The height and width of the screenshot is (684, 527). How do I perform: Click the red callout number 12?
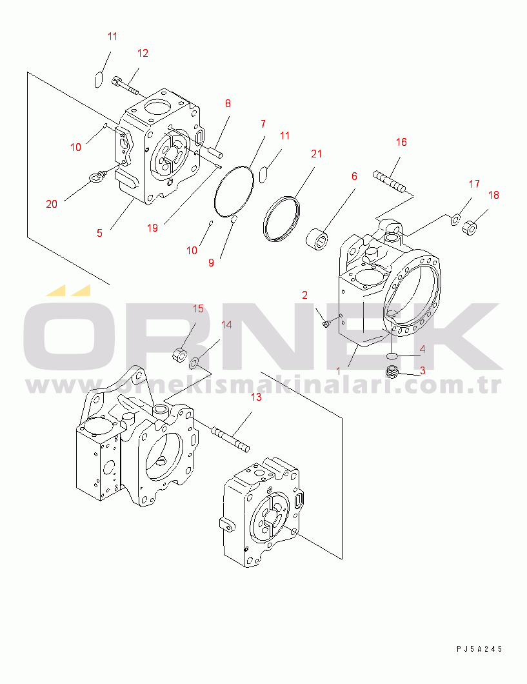click(x=143, y=53)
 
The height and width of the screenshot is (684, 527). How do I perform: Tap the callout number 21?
click(x=317, y=154)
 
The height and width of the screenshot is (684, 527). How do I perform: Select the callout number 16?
click(x=401, y=142)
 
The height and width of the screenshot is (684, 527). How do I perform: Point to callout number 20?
click(x=52, y=204)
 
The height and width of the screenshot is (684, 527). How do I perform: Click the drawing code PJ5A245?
click(x=479, y=649)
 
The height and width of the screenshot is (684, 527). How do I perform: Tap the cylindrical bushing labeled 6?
click(x=317, y=239)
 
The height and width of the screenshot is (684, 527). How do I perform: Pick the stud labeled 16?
click(x=389, y=182)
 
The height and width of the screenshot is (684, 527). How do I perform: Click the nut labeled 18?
click(x=470, y=228)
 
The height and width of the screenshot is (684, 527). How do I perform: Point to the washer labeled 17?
click(x=455, y=219)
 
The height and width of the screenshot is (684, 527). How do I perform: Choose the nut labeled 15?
click(x=179, y=355)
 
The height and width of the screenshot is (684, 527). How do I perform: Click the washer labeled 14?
click(x=194, y=362)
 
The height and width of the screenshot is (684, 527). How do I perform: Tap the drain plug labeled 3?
click(x=392, y=372)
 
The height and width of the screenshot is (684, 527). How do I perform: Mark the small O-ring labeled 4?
click(x=392, y=356)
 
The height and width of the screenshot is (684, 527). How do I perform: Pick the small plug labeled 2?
click(x=326, y=324)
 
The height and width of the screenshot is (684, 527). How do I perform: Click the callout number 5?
click(x=99, y=234)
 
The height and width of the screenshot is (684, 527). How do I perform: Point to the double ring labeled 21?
click(x=282, y=218)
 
